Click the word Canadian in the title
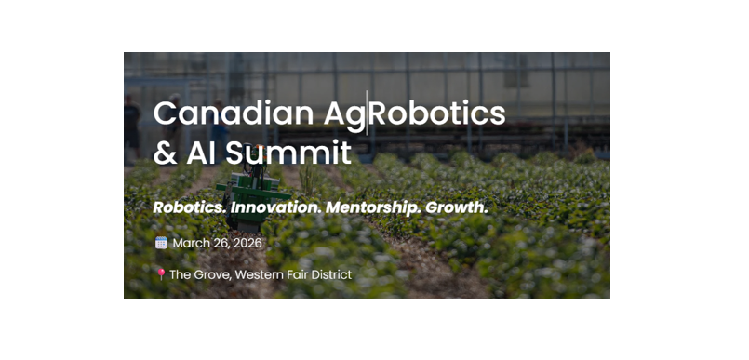click(x=234, y=113)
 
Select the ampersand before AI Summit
click(x=165, y=153)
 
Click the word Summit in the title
click(x=288, y=153)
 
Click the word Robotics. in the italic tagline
click(x=189, y=207)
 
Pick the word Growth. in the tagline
click(x=456, y=207)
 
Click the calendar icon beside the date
click(x=162, y=243)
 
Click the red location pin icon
click(x=161, y=274)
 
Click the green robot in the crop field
click(x=252, y=194)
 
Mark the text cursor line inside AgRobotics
click(x=367, y=113)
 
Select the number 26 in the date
click(x=221, y=243)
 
